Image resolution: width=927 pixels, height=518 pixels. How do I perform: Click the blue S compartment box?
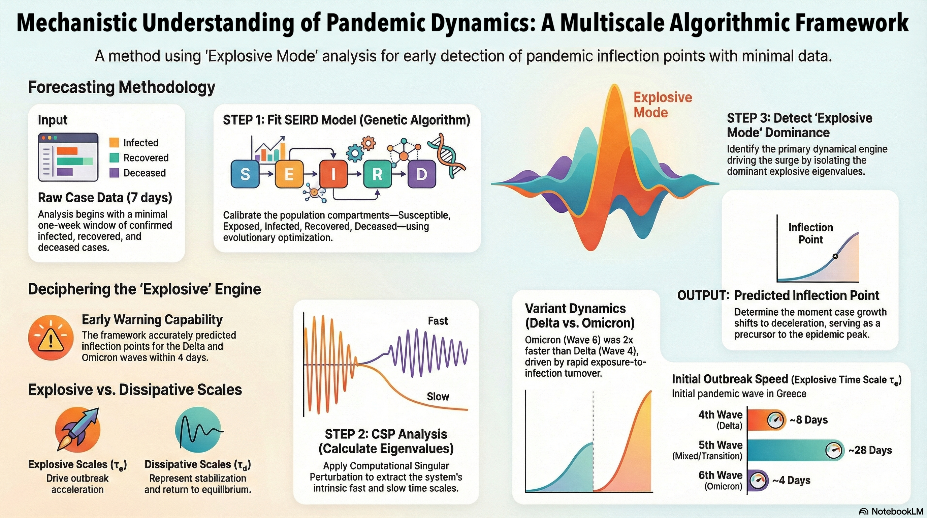[x=245, y=174]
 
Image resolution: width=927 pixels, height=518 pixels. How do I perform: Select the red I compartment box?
[x=333, y=174]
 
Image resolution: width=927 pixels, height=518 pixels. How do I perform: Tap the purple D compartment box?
[x=421, y=174]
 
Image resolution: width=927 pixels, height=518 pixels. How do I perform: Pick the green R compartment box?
[x=377, y=174]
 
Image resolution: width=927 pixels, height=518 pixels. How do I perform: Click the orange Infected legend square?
[x=114, y=143]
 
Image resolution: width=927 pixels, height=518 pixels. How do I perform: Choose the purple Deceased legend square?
[x=114, y=173]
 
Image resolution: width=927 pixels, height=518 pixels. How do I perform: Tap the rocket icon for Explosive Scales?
[x=78, y=429]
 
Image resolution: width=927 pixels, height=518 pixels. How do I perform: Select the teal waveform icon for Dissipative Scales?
[x=198, y=429]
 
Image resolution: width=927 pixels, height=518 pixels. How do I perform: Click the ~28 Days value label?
[x=870, y=450]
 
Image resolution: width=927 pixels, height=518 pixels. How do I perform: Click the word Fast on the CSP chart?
[x=438, y=321]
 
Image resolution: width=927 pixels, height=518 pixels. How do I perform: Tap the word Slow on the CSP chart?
[x=438, y=397]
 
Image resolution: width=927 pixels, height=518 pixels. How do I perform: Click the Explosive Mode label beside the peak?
[x=662, y=105]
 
